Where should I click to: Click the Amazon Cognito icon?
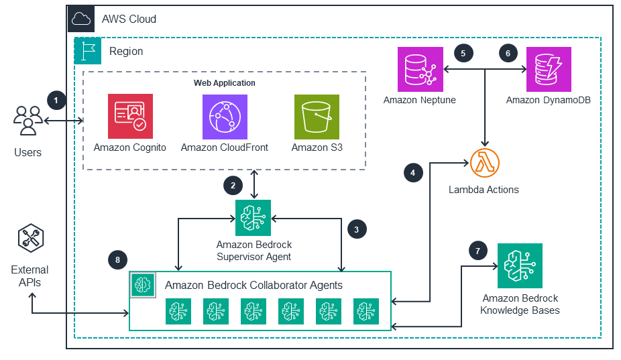pos(130,116)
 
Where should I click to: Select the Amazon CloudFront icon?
pos(225,116)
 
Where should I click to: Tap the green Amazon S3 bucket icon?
pos(317,116)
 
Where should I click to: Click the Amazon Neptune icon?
pos(420,69)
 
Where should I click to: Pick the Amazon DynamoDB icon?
pos(548,69)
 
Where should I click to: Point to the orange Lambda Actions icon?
pos(486,163)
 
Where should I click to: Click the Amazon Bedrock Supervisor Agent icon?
pos(253,217)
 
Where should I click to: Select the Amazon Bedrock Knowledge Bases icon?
pos(520,265)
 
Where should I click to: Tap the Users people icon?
pos(27,121)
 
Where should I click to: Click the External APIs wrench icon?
pos(30,240)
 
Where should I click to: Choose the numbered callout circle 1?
pos(57,101)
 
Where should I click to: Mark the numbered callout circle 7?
pos(477,251)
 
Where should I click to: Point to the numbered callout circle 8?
pos(117,259)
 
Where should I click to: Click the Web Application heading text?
pos(224,83)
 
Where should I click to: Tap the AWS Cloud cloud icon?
pos(80,19)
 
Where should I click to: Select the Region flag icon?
pos(87,51)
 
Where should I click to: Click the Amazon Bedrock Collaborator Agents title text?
pos(253,285)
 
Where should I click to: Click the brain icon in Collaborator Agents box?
pos(143,284)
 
